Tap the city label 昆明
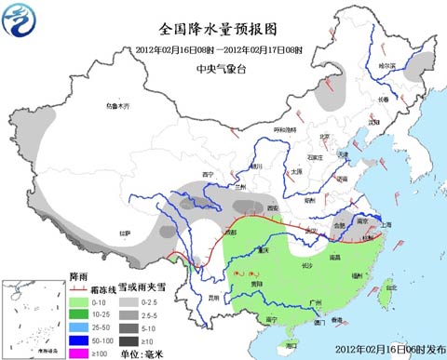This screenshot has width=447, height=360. click(214, 298)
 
